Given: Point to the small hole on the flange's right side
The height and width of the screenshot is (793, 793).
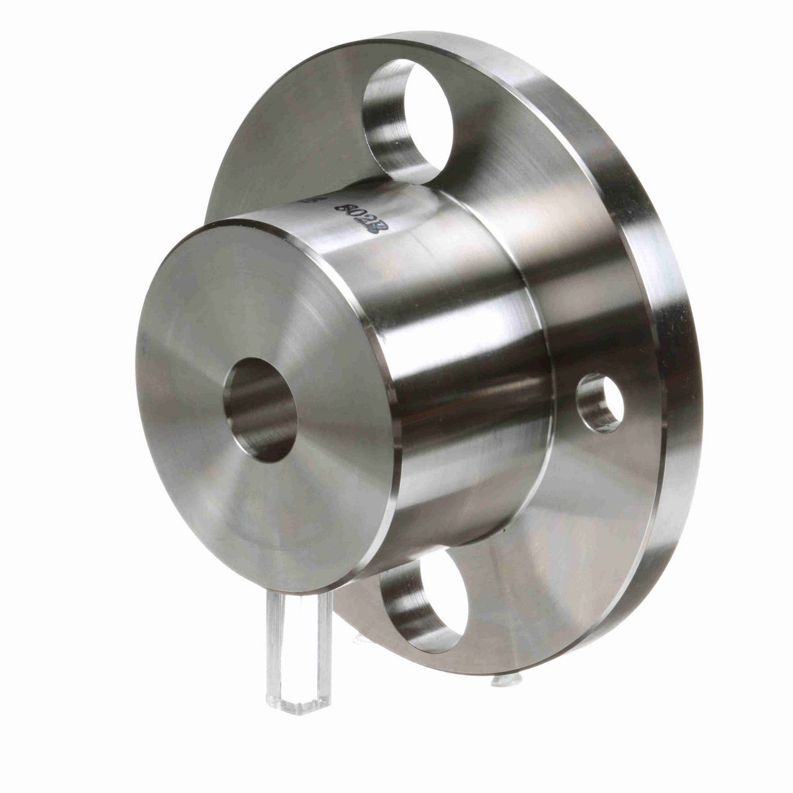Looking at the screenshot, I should coord(600,402).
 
